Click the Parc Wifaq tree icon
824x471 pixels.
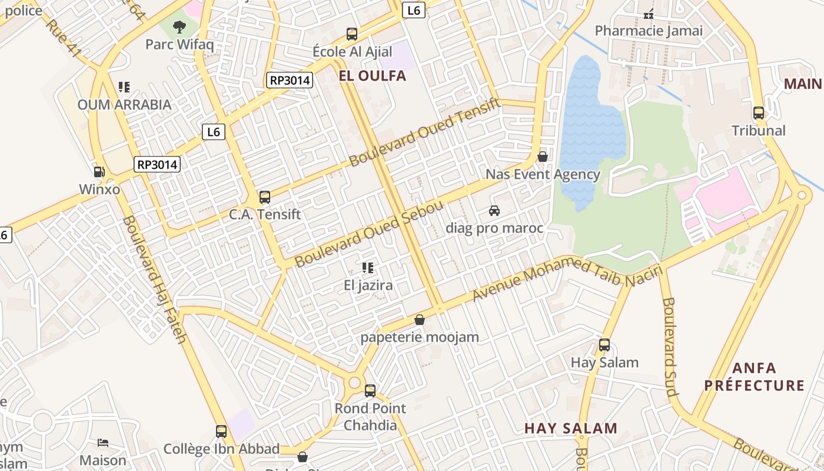pos(179,26)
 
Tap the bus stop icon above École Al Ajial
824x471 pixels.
pos(352,34)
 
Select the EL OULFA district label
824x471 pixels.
pos(372,76)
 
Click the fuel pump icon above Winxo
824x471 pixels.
pos(99,172)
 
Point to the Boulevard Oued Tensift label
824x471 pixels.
pos(424,132)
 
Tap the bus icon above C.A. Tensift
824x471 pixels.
pos(265,197)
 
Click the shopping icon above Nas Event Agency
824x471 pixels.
pos(543,157)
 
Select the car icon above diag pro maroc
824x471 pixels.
pos(494,210)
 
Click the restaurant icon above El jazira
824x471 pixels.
pos(368,268)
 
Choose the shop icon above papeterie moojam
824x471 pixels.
pos(420,320)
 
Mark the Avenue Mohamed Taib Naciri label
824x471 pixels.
pos(568,275)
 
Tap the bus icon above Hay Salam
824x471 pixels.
pos(604,345)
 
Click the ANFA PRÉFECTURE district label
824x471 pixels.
pos(755,377)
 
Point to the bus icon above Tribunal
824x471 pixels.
pos(759,113)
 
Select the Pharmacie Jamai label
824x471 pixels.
pos(649,31)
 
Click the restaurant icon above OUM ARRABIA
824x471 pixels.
pos(124,87)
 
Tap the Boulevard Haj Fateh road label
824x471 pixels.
pos(154,280)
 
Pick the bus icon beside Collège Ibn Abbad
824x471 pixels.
pos(221,432)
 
